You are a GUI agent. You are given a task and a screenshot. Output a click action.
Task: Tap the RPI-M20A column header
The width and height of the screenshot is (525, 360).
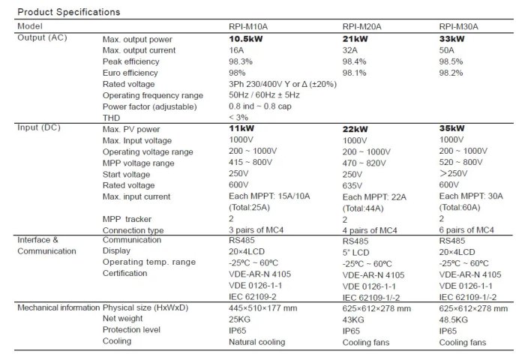click(361, 26)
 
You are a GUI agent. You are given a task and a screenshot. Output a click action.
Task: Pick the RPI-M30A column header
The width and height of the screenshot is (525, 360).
click(459, 26)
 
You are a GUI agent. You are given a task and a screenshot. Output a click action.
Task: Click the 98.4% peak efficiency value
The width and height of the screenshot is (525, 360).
click(355, 61)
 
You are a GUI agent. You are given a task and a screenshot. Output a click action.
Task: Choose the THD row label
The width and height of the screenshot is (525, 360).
click(112, 118)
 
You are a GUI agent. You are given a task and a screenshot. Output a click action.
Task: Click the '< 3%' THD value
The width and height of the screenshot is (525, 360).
click(238, 118)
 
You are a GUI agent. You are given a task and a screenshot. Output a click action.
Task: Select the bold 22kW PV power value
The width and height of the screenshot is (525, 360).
click(355, 129)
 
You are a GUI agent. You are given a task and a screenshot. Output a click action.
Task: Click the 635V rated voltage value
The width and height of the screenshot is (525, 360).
click(355, 184)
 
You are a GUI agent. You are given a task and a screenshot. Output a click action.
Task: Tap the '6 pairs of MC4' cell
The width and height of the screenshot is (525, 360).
click(466, 229)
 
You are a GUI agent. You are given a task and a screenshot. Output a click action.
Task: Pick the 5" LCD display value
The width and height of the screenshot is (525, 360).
click(358, 251)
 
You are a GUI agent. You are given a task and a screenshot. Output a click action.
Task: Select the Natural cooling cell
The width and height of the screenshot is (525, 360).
click(256, 342)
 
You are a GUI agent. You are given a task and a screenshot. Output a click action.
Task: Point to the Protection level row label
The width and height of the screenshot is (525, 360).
click(132, 331)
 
